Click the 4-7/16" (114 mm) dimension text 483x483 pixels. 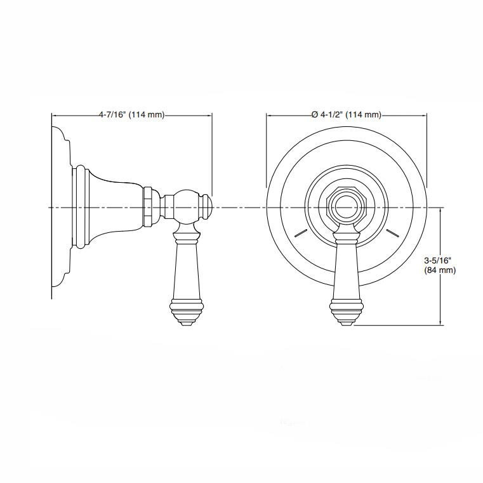[x=131, y=115]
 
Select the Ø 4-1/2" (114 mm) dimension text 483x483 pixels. [x=346, y=115]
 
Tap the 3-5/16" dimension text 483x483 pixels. [x=437, y=260]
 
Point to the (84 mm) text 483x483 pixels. [x=439, y=270]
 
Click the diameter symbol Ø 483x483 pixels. [x=314, y=115]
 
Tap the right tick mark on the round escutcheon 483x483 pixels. [x=393, y=232]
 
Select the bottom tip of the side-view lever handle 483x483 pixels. [x=187, y=324]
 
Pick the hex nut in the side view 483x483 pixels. [x=149, y=208]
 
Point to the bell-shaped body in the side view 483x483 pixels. [x=114, y=208]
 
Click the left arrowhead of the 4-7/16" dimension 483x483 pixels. [x=53, y=116]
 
